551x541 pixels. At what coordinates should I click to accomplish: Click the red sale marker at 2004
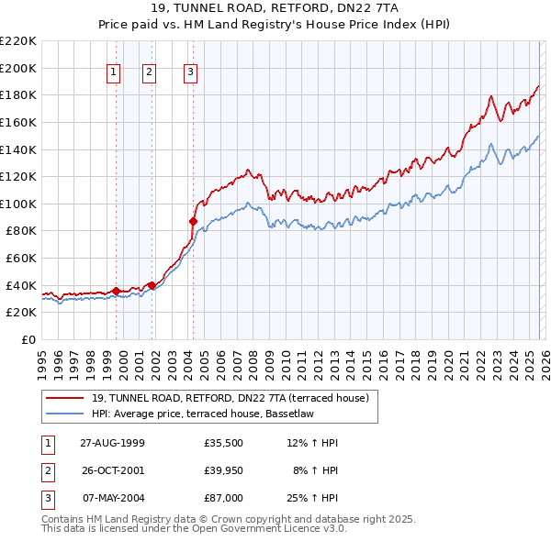193,221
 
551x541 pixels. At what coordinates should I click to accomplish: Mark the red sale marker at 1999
117,291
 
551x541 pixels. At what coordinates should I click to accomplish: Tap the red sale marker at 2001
152,285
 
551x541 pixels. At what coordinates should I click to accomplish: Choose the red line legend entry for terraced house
230,398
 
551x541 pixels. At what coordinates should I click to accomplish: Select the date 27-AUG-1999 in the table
112,443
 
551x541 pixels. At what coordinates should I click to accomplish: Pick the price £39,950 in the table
224,470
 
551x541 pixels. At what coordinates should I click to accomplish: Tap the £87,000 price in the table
224,498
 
